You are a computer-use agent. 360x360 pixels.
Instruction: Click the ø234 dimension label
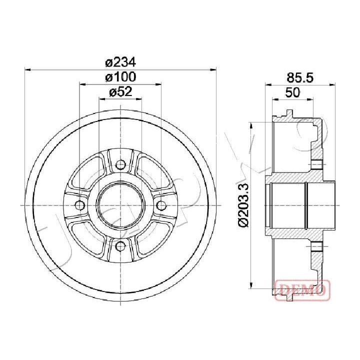click(121, 62)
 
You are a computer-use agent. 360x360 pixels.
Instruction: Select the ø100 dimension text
click(121, 77)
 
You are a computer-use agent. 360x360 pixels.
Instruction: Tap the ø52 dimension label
click(121, 92)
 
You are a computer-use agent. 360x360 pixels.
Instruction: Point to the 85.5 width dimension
click(300, 77)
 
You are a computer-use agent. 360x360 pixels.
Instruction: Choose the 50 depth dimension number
click(292, 92)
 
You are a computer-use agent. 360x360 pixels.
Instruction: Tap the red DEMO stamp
click(302, 290)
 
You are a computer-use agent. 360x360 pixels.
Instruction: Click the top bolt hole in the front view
click(120, 164)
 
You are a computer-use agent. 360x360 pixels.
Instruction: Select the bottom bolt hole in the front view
click(120, 246)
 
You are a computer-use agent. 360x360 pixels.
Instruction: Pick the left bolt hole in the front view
click(80, 205)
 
